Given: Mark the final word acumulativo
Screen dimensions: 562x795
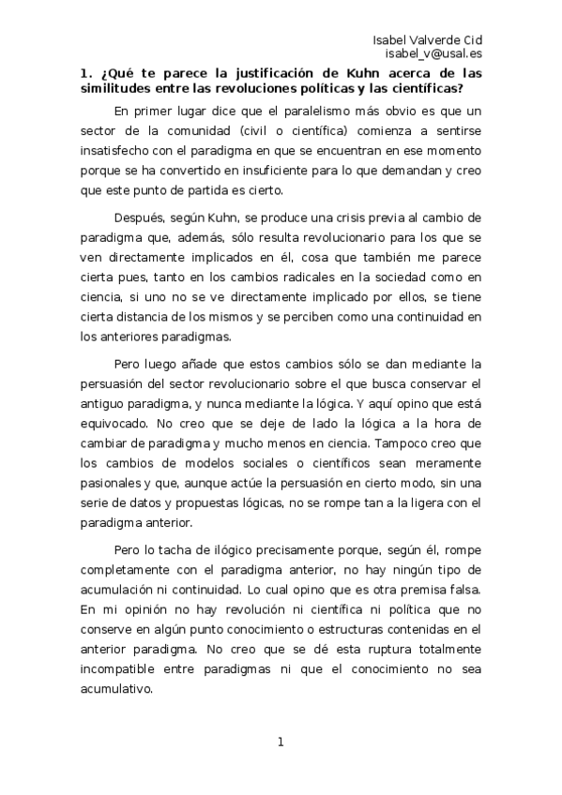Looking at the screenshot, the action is [x=119, y=687].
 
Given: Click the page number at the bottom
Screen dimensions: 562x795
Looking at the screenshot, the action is [x=280, y=742].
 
